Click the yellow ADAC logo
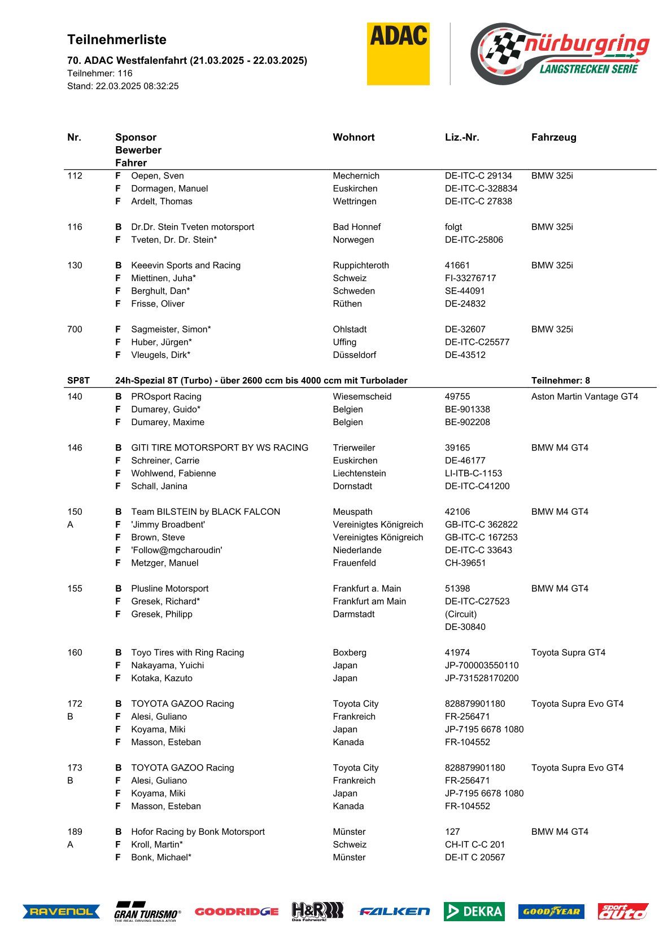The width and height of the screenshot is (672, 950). point(398,54)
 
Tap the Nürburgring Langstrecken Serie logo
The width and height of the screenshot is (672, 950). point(560,54)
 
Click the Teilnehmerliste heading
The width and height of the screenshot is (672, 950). point(117,40)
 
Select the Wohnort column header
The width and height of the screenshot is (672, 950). point(354,137)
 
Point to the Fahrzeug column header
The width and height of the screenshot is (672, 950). point(553,137)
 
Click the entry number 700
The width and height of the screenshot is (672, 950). point(75,329)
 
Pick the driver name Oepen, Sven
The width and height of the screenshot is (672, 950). point(157,176)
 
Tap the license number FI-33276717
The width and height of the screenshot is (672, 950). point(470,278)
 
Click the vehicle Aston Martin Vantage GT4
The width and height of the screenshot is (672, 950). point(584,396)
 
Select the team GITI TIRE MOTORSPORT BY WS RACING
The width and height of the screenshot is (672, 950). point(220,448)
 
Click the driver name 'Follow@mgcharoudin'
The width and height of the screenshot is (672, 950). point(177,550)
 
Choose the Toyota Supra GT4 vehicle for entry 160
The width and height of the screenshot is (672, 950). point(568,653)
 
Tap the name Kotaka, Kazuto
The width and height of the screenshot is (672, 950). point(162,678)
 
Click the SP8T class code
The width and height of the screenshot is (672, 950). point(78,380)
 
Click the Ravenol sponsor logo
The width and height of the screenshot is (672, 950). point(61,911)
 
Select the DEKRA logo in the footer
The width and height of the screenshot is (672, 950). point(474,911)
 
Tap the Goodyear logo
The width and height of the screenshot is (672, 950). point(551,911)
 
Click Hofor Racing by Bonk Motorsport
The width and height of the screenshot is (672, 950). point(198,831)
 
